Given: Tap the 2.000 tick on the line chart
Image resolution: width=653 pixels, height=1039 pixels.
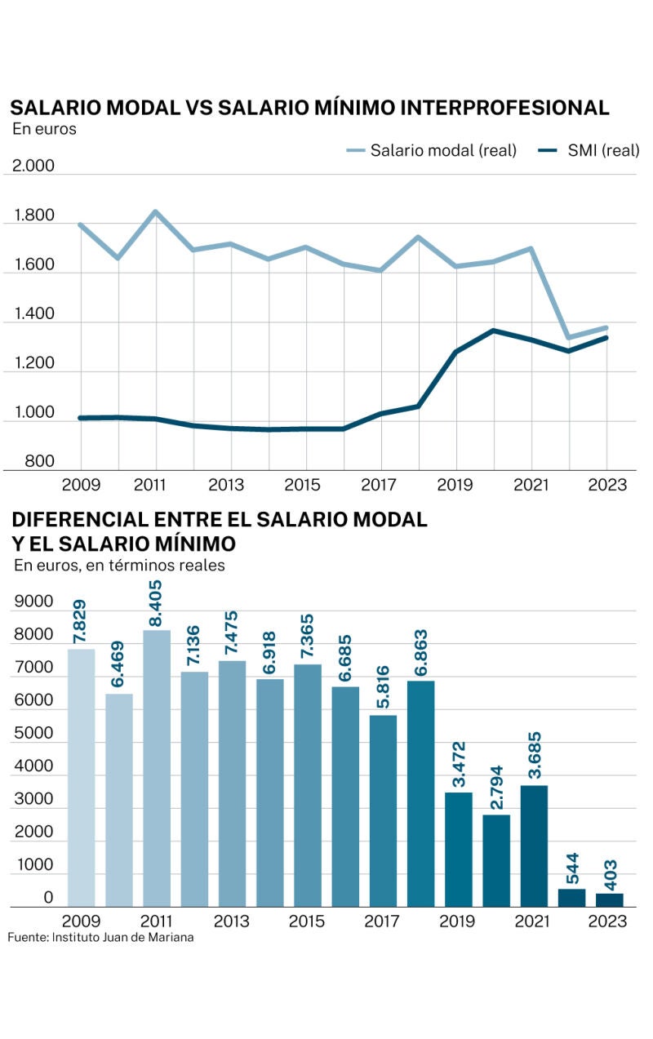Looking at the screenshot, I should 33,167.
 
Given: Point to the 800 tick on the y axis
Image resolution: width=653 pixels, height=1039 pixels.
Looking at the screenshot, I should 39,462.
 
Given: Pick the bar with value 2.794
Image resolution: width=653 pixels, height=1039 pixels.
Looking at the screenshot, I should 495,860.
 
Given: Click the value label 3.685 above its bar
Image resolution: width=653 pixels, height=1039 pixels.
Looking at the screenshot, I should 533,758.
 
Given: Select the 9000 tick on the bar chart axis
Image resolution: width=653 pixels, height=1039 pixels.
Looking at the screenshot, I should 33,602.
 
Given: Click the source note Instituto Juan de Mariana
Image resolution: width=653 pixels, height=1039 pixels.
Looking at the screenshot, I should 100,937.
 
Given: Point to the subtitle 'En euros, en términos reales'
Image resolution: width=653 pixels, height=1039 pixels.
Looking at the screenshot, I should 119,565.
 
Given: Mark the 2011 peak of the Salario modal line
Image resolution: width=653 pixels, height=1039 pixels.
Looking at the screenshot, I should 156,212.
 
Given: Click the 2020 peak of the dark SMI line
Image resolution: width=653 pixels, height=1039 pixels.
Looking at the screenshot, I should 494,331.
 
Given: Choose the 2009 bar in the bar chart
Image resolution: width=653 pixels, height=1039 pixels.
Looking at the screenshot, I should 81,777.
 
